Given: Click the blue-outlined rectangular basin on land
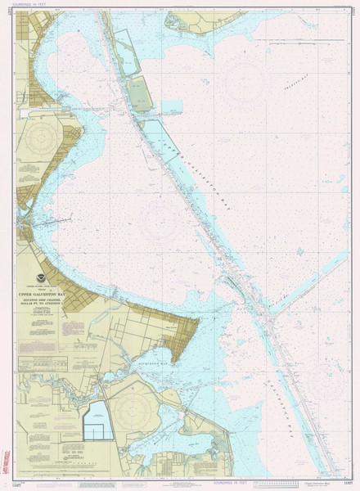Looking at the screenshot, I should point(97,420).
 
